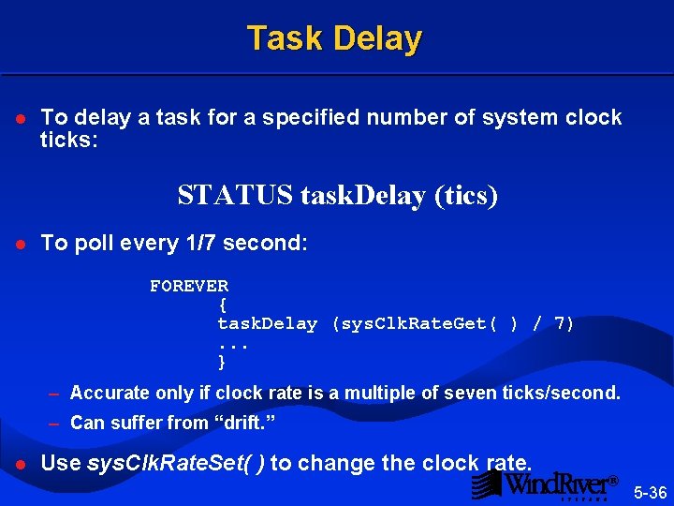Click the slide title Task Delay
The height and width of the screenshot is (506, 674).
click(x=335, y=38)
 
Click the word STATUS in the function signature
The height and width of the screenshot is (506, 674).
click(x=236, y=196)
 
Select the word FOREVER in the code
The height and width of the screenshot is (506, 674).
click(x=189, y=286)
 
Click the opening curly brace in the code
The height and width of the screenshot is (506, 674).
click(x=222, y=305)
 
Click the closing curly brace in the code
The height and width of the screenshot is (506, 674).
click(x=222, y=362)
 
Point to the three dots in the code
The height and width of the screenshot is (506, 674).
click(x=234, y=344)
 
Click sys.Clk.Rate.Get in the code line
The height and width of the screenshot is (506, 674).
click(x=418, y=323)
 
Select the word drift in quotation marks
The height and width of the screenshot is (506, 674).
click(x=246, y=423)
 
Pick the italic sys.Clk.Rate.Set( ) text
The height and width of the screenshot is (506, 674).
click(x=175, y=463)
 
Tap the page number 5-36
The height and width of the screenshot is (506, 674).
click(x=650, y=492)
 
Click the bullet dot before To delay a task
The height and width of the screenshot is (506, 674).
click(x=20, y=119)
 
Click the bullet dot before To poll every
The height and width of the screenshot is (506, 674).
click(x=20, y=244)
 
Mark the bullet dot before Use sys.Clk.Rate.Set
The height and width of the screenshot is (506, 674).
click(x=20, y=464)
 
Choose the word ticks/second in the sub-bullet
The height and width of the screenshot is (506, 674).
click(x=568, y=393)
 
